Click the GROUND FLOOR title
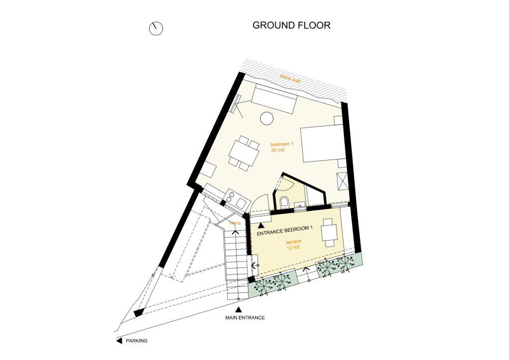[x=291, y=25]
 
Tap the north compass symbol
[x=156, y=28]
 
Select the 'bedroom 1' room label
[x=282, y=144]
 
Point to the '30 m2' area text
[x=277, y=150]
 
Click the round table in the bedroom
[x=267, y=118]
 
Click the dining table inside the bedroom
[x=244, y=153]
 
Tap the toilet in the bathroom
[x=285, y=202]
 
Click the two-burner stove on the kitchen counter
[x=230, y=196]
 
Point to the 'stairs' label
[x=235, y=223]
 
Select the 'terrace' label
[x=294, y=242]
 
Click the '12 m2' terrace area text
[x=293, y=248]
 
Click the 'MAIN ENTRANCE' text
[x=245, y=318]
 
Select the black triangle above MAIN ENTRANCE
[x=239, y=309]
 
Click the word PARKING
[x=136, y=341]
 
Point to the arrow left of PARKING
[x=119, y=341]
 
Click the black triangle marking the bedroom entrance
[x=261, y=225]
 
